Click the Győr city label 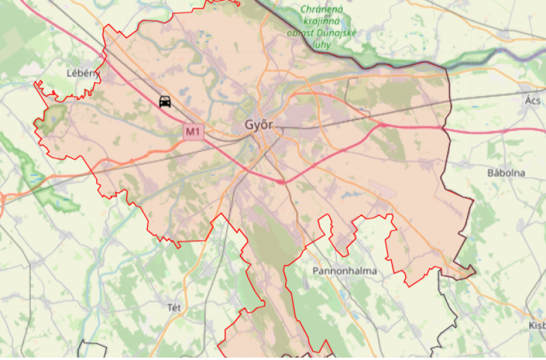pos(259,125)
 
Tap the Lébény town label pos(82,73)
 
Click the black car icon pos(165,101)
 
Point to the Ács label pos(533,100)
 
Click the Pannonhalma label pos(344,271)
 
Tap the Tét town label pos(173,308)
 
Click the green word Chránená pos(322,10)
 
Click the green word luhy pos(321,46)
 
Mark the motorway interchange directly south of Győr pos(281,182)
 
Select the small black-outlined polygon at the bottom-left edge pos(91,350)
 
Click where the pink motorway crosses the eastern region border pos(446,129)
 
